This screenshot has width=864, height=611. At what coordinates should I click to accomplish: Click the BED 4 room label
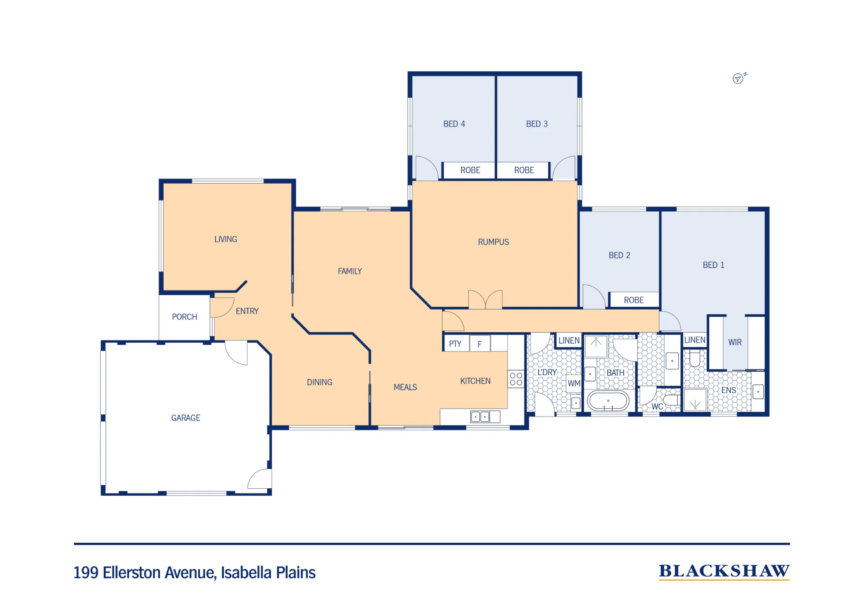pos(454,124)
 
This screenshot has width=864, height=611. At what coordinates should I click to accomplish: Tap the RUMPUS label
pos(493,242)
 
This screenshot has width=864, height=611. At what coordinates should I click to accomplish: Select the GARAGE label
pos(186,418)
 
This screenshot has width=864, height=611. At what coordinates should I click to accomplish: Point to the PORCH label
pos(184,317)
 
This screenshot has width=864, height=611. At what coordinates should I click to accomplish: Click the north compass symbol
pos(739,78)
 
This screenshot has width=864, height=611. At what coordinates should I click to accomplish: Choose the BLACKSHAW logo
pos(724,571)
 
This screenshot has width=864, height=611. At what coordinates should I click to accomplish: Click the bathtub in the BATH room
pos(608,401)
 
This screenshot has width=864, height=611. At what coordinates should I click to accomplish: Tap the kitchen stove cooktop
pos(516,379)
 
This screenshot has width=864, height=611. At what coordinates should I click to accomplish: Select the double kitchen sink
pos(480,417)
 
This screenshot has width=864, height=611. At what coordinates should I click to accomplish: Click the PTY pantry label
pos(455,344)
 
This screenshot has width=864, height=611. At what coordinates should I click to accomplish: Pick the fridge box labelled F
pos(480,344)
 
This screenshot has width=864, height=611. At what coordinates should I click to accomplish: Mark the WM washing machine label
pos(574,383)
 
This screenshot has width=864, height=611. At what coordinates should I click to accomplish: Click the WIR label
pos(735,342)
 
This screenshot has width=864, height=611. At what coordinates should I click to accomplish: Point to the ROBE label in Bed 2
pos(634,300)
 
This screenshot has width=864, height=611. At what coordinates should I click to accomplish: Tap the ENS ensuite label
pos(729,390)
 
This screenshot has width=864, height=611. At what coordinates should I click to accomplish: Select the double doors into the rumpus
pos(486,299)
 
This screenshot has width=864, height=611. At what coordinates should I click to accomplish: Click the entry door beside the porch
pos(222,308)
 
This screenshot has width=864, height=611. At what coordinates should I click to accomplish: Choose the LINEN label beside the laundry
pos(569,341)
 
